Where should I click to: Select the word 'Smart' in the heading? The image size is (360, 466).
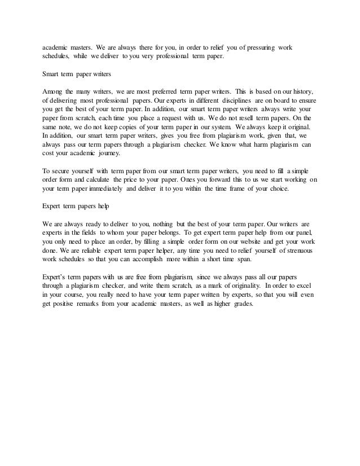pos(52,73)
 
